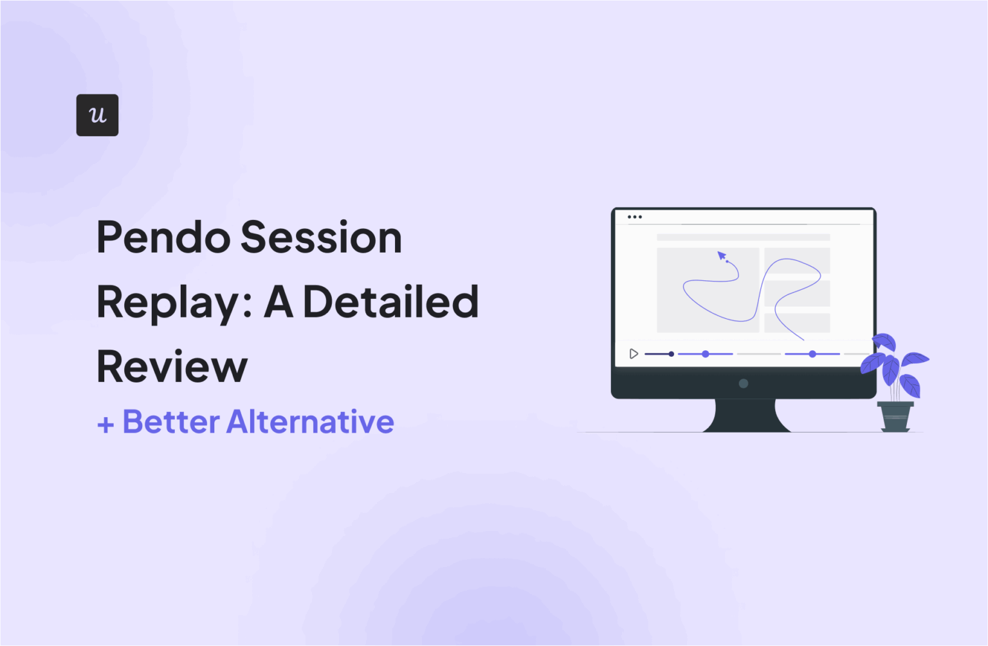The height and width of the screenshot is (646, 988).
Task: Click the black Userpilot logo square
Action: coord(97,115)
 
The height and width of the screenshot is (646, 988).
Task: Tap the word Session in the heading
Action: coord(321,238)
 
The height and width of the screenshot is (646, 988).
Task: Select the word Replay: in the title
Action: coord(174,303)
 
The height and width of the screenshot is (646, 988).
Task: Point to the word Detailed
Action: coord(390,302)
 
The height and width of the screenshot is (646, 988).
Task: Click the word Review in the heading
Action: coord(172,367)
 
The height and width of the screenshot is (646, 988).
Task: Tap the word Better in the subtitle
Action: coord(171,422)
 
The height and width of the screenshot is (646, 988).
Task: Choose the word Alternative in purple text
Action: coord(310,422)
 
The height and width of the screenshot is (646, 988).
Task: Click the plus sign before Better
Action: coord(105,424)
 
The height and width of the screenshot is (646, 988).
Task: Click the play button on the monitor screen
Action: coord(634,354)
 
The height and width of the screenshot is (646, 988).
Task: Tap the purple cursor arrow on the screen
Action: coord(722,256)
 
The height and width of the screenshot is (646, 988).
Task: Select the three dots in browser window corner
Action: coord(634,217)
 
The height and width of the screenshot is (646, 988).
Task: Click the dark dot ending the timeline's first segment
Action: coord(671,354)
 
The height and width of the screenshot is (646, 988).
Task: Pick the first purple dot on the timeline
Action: coord(706,354)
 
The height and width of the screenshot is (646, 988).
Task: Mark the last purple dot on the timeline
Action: coord(812,354)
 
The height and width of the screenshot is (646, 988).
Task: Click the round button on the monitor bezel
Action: coord(744,384)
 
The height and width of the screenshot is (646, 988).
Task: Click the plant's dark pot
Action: coord(895,416)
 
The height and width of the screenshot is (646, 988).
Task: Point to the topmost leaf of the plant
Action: coord(884,341)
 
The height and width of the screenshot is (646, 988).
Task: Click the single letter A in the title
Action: coord(279,302)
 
